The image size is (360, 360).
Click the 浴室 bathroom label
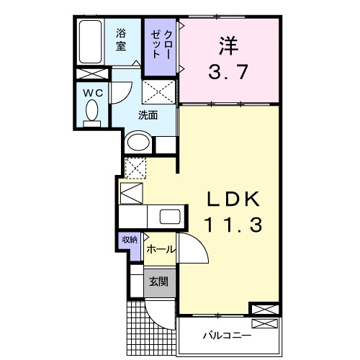coord(122,39)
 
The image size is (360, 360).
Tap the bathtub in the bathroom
coord(91,42)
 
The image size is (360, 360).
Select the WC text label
coord(91,92)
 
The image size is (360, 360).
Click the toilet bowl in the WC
coord(92,112)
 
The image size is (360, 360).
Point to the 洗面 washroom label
coord(148,114)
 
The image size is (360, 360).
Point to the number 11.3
coord(229,225)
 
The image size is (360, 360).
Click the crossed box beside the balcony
coord(262,310)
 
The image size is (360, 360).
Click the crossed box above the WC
coord(91,74)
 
